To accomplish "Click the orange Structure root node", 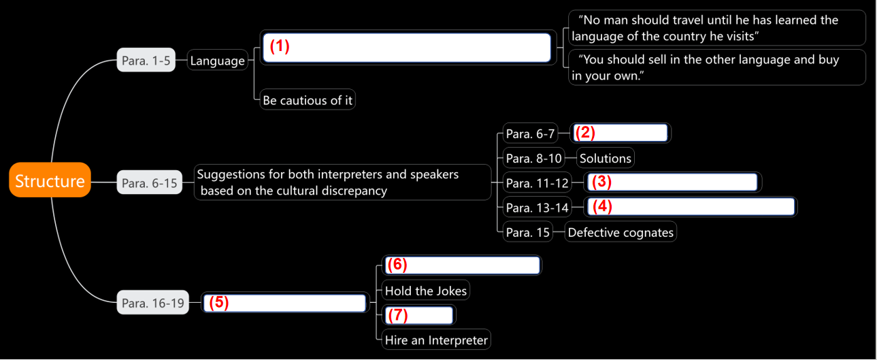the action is coord(50,180).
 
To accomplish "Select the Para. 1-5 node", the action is coord(146,61).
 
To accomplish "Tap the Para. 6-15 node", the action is coord(150,182).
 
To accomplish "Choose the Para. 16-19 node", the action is coord(153,303).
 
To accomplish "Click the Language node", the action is coord(217,61).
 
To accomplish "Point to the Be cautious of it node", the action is coord(308,100).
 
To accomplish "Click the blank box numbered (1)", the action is coord(406,48).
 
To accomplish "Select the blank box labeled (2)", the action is coord(620,133).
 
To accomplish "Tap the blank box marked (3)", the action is coord(673,182).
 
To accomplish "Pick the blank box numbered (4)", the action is coord(691,207).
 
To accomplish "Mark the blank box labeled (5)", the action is coord(284,303).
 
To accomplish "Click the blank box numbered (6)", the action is coord(462,265).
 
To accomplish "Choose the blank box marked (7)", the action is coord(419,315).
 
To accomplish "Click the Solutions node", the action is coord(606,159).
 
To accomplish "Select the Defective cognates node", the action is coord(620,232).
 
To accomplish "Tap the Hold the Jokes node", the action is coord(426,291).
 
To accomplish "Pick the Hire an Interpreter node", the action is coord(436,340).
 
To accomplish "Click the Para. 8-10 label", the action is coord(534,159).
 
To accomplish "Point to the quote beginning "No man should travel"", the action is coord(716,28).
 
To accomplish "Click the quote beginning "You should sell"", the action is coord(716,67).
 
